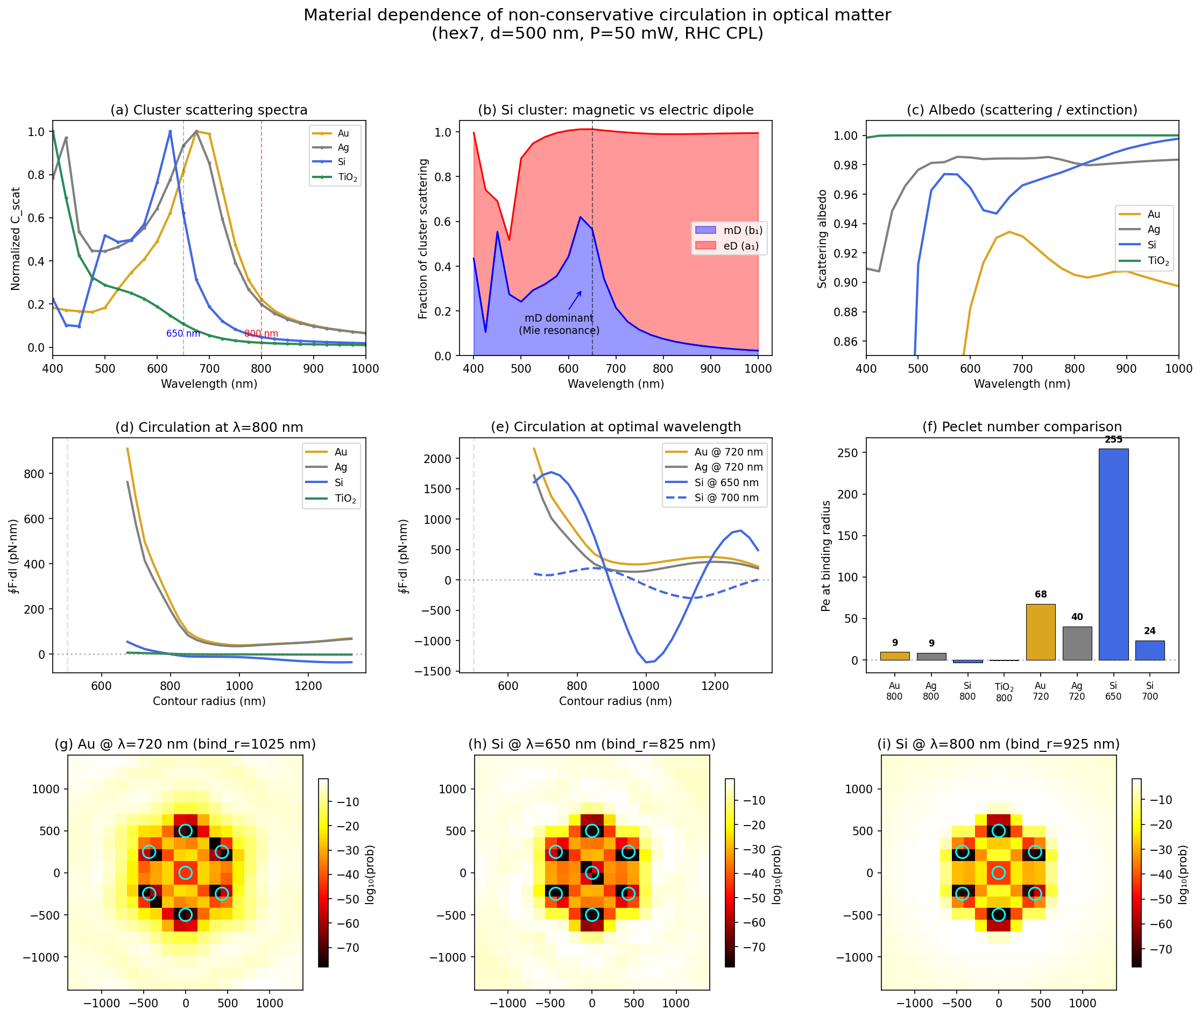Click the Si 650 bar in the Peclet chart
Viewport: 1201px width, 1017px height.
click(x=1113, y=553)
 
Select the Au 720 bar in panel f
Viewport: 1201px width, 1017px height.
click(x=1040, y=632)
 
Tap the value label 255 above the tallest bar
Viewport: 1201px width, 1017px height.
click(x=1113, y=439)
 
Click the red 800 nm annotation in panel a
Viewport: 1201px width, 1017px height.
click(x=261, y=333)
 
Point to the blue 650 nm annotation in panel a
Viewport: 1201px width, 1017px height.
click(x=183, y=333)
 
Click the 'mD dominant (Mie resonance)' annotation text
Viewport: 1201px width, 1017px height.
click(x=559, y=324)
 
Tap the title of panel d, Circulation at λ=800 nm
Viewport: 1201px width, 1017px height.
click(x=209, y=427)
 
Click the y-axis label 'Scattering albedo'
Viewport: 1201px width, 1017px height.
click(x=822, y=239)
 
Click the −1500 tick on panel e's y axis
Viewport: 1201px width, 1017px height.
click(x=435, y=671)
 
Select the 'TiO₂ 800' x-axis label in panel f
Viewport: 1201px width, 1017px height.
click(x=1004, y=692)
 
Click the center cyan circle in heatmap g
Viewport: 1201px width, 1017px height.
click(x=185, y=873)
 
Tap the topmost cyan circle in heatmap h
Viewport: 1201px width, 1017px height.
click(x=592, y=831)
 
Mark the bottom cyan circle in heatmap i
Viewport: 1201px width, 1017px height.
click(x=999, y=915)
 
